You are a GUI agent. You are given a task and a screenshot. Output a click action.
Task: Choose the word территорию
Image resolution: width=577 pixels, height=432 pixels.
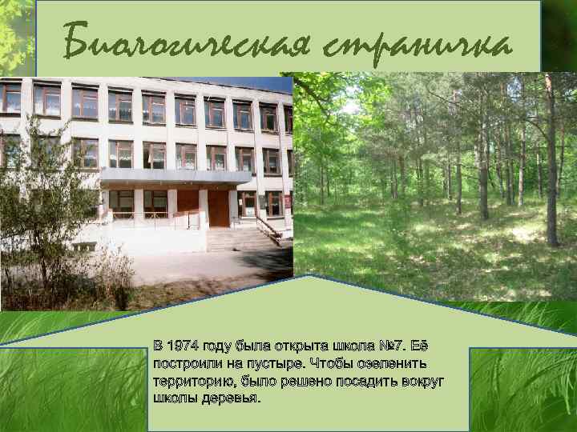point(191,381)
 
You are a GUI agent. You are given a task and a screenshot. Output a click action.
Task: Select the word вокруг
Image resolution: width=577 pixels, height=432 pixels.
point(423,381)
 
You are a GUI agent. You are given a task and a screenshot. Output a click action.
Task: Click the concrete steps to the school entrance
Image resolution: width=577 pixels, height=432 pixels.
point(236,238)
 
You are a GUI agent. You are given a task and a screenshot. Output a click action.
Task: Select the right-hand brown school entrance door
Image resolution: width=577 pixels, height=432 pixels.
point(219,208)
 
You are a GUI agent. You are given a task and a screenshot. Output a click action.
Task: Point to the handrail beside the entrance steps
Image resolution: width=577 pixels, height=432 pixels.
point(268,229)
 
